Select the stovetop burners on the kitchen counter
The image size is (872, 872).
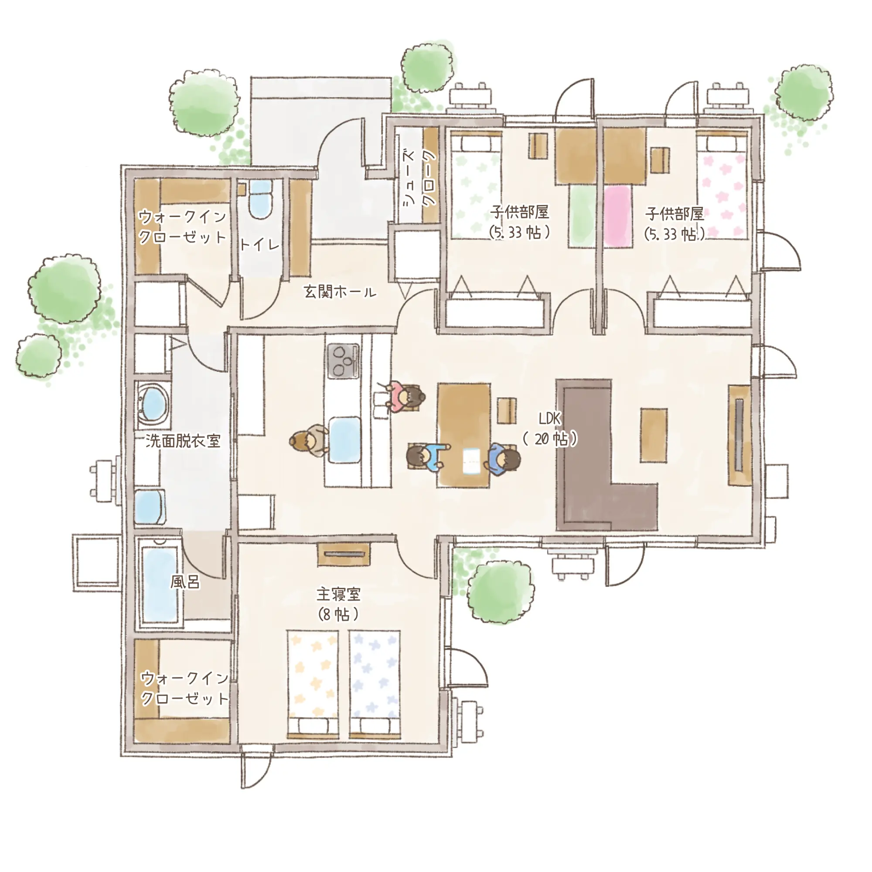click(x=344, y=361)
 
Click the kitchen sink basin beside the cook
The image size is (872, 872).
click(x=345, y=439)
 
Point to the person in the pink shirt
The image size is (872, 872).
click(x=404, y=397)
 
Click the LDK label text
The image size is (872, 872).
click(x=550, y=419)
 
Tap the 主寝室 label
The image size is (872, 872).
click(x=338, y=594)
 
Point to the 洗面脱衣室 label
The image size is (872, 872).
click(x=183, y=441)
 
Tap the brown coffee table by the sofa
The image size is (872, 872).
click(x=654, y=435)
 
